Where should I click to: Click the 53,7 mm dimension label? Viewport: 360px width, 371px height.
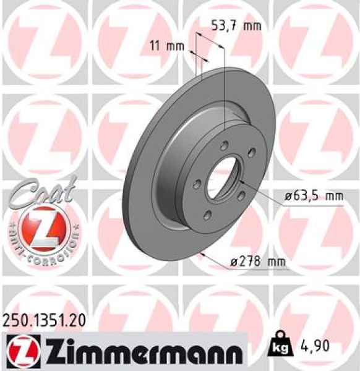click(x=236, y=26)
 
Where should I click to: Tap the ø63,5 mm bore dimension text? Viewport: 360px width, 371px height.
click(x=314, y=197)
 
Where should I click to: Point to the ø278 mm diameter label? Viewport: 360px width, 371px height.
click(x=258, y=262)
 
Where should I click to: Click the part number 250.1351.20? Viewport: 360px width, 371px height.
click(x=41, y=321)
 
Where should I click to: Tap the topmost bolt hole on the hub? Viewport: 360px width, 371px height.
click(x=224, y=146)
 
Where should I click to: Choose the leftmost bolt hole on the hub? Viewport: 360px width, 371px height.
click(x=194, y=184)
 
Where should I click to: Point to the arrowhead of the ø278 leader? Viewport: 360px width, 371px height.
click(x=201, y=254)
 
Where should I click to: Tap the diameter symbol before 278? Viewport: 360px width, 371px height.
click(x=234, y=263)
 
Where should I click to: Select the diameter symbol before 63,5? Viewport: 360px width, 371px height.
click(x=289, y=197)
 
